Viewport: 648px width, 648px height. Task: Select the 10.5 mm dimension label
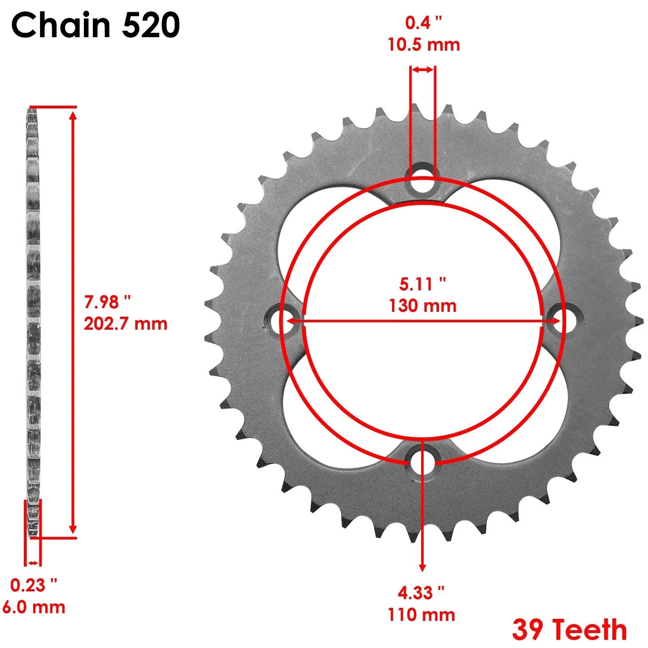(x=424, y=44)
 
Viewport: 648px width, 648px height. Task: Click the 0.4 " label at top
(x=424, y=23)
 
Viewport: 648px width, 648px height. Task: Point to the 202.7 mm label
(x=126, y=324)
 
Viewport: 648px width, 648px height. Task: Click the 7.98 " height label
(x=107, y=302)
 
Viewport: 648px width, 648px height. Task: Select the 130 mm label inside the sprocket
(x=422, y=306)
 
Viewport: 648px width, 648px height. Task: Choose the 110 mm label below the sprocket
(x=421, y=615)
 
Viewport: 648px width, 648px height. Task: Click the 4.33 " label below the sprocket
(x=421, y=593)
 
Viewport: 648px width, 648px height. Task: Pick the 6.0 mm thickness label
(x=34, y=607)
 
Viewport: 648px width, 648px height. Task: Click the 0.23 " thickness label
(x=34, y=585)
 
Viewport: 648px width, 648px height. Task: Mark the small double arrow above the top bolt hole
(x=423, y=70)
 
